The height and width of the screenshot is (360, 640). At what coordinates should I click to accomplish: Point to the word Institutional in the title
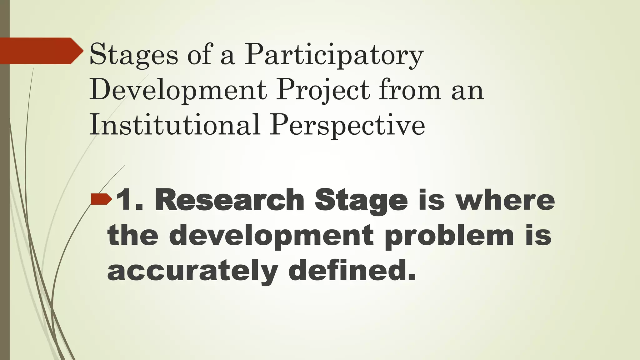coord(174,125)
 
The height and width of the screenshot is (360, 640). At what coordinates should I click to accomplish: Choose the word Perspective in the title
coord(347,125)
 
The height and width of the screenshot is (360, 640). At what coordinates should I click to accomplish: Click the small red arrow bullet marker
coord(101,199)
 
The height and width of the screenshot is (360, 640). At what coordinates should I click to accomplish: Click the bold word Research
coord(229,200)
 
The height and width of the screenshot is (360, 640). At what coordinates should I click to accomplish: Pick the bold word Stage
coord(361,200)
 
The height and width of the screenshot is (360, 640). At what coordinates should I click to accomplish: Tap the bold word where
coord(505,200)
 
